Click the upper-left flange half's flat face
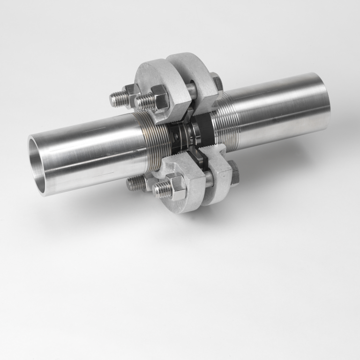point(152,77)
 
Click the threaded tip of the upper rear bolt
point(117,99)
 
